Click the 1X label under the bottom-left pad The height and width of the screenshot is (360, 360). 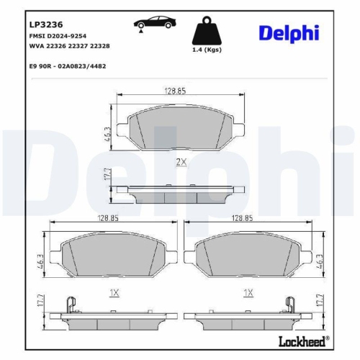click(x=113, y=292)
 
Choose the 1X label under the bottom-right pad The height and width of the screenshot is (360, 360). click(x=248, y=292)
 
